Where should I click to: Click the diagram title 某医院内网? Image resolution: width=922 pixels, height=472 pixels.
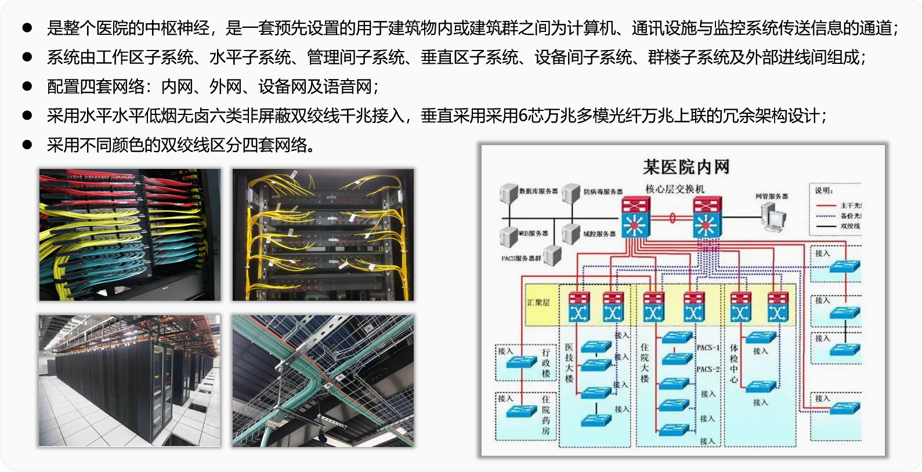point(686,167)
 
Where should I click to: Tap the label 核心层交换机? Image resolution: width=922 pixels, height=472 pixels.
point(675,189)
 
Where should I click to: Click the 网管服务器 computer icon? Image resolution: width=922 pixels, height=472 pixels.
point(773,218)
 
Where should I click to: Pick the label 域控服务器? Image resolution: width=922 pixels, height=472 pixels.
point(599,233)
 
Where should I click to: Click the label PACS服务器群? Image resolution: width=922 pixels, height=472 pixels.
point(521,258)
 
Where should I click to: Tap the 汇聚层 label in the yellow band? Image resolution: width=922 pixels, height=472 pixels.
point(538,302)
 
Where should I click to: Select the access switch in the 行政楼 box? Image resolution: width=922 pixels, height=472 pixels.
point(521,362)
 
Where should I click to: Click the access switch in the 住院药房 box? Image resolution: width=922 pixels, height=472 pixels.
point(521,411)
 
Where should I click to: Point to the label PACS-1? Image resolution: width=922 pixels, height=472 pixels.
point(708,348)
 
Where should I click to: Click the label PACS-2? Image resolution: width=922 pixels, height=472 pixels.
point(708,369)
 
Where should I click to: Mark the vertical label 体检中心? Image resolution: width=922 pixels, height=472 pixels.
point(734,363)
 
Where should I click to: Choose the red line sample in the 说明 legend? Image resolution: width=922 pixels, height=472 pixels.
point(825,206)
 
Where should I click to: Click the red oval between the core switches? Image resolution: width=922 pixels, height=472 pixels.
point(672,218)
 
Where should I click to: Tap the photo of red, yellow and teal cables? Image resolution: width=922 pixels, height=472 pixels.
point(130,235)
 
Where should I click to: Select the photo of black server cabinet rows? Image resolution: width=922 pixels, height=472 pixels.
point(130,381)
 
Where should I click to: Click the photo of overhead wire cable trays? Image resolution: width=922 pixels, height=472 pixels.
point(323,381)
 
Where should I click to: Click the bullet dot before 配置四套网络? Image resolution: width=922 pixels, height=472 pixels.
point(27,86)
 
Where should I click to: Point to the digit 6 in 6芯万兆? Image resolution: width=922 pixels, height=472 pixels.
point(522,116)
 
